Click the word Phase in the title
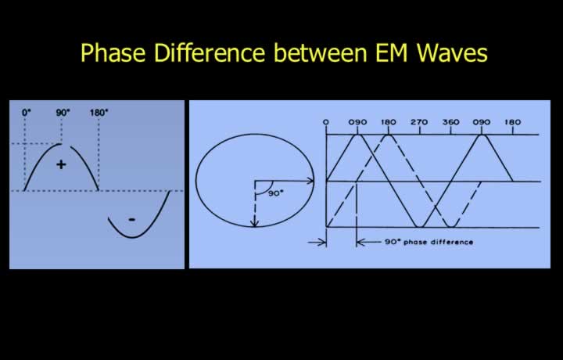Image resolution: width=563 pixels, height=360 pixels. click(x=113, y=52)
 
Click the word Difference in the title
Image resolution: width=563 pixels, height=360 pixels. click(x=210, y=52)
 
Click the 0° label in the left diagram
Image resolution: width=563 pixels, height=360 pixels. click(x=27, y=113)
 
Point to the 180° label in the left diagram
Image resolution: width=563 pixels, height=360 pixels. click(x=99, y=113)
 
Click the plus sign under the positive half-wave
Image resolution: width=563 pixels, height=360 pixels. click(x=62, y=164)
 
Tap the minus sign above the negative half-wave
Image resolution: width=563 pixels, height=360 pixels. click(x=132, y=219)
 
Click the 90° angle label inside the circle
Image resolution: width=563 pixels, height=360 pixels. click(x=276, y=193)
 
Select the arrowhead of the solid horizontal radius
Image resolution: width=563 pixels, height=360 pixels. click(x=310, y=181)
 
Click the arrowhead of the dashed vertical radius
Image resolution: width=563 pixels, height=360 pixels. click(x=254, y=223)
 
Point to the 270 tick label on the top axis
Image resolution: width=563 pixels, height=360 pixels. click(x=419, y=122)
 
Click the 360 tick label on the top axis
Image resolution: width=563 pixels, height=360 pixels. click(x=450, y=122)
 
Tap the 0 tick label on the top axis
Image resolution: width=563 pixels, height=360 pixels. click(x=325, y=122)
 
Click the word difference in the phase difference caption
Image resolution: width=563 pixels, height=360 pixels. click(x=452, y=242)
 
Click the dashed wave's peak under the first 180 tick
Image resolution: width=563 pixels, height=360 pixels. click(x=388, y=135)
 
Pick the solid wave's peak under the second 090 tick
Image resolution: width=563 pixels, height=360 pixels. click(x=482, y=135)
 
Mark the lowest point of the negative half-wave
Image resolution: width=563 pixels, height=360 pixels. click(x=132, y=237)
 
